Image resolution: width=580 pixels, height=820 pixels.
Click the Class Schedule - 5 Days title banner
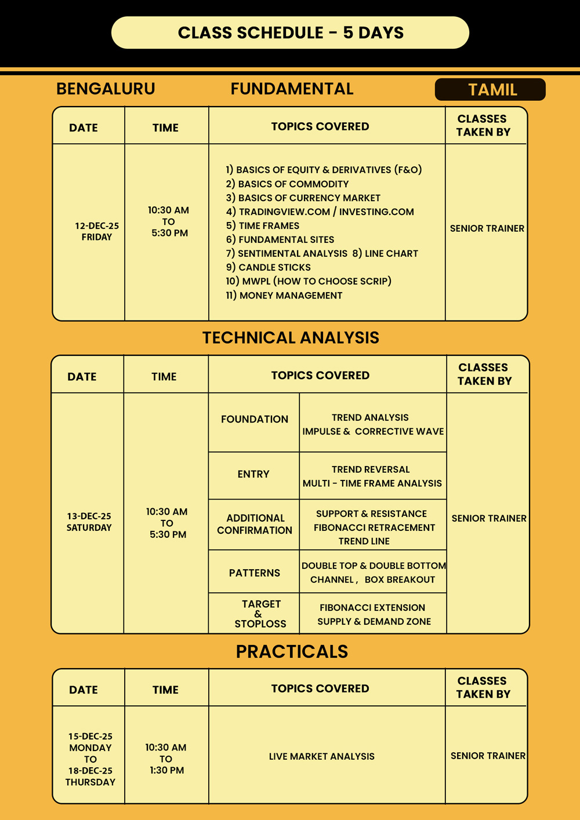(290, 32)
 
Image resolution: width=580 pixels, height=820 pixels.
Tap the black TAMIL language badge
(490, 90)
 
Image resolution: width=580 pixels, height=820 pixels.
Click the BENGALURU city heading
(106, 89)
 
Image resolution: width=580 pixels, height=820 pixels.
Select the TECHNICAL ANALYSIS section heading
(291, 338)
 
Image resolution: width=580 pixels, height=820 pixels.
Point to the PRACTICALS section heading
(292, 651)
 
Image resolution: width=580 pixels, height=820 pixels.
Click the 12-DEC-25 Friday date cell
(96, 231)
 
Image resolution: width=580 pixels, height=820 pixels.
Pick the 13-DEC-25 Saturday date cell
(89, 522)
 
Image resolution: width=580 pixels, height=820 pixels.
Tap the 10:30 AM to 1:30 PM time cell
(166, 759)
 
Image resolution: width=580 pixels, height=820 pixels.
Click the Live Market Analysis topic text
(321, 756)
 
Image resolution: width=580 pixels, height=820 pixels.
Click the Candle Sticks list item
(274, 267)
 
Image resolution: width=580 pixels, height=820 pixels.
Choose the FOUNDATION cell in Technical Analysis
(254, 419)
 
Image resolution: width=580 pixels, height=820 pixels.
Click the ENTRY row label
(253, 474)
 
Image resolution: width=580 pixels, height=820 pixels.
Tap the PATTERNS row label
(254, 573)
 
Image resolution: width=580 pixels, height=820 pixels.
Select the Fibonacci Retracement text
(374, 527)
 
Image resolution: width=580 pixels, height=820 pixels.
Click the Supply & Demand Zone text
(374, 621)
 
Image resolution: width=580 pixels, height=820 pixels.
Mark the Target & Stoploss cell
(260, 614)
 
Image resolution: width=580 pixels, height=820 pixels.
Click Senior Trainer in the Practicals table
(488, 756)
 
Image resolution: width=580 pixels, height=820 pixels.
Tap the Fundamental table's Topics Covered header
(320, 126)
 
